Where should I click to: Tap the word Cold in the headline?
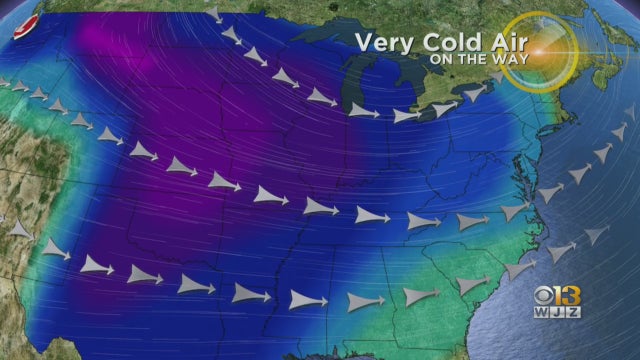pos(448,44)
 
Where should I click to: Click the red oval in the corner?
pos(27,20)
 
